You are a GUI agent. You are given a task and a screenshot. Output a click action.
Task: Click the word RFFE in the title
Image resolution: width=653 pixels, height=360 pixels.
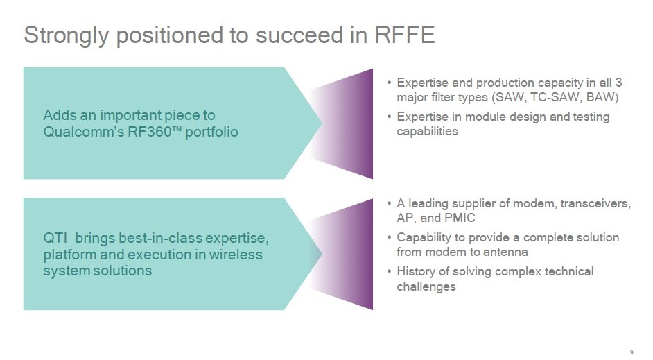tap(405, 35)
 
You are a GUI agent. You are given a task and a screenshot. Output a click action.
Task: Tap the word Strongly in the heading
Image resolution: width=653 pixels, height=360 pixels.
tap(67, 36)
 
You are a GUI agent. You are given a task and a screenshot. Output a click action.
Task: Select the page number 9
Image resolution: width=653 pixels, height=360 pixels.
tap(632, 352)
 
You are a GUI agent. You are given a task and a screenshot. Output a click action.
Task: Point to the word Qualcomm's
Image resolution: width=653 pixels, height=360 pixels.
tap(83, 132)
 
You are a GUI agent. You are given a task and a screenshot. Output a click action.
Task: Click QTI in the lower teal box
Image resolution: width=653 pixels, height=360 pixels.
tap(55, 238)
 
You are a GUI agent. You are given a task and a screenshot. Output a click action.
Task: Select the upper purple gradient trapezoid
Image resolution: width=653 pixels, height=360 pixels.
tap(341, 123)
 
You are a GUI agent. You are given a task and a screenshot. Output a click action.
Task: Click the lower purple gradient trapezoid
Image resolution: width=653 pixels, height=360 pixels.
tap(341, 254)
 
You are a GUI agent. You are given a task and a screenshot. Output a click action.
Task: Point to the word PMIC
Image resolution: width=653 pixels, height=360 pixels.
tap(460, 218)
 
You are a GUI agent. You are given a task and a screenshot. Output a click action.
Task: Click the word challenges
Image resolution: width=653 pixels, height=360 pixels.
tap(426, 286)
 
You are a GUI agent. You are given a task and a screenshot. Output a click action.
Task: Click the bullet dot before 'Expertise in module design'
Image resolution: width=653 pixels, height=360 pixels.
tap(389, 117)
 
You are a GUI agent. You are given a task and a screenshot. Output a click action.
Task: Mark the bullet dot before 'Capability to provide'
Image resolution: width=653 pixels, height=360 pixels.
tap(389, 237)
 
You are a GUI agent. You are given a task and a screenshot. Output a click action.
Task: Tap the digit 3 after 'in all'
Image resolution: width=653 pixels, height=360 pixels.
tap(618, 83)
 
